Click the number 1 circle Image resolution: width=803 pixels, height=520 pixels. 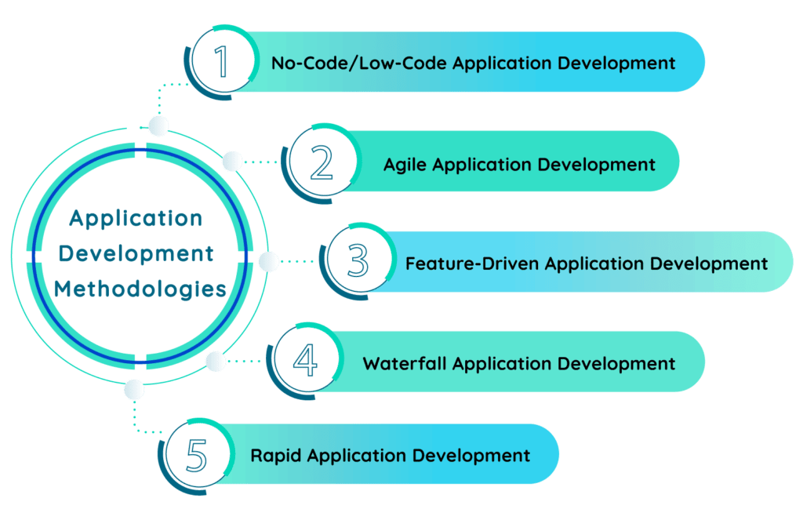pyautogui.click(x=223, y=62)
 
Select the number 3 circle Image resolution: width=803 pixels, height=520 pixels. pyautogui.click(x=358, y=261)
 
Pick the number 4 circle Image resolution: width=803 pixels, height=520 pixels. pyautogui.click(x=305, y=362)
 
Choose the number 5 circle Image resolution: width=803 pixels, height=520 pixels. pyautogui.click(x=197, y=455)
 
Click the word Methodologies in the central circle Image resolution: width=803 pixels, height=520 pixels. pyautogui.click(x=140, y=289)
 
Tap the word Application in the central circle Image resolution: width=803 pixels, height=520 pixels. pyautogui.click(x=136, y=218)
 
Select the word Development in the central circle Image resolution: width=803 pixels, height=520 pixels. pyautogui.click(x=136, y=253)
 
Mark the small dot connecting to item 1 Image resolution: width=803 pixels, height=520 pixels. pyautogui.click(x=159, y=125)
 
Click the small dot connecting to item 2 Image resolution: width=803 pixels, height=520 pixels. pyautogui.click(x=232, y=162)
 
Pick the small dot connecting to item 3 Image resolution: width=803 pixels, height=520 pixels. pyautogui.click(x=268, y=262)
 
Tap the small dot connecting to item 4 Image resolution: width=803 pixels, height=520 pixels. pyautogui.click(x=215, y=361)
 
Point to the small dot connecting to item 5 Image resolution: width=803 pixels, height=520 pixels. pyautogui.click(x=134, y=389)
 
